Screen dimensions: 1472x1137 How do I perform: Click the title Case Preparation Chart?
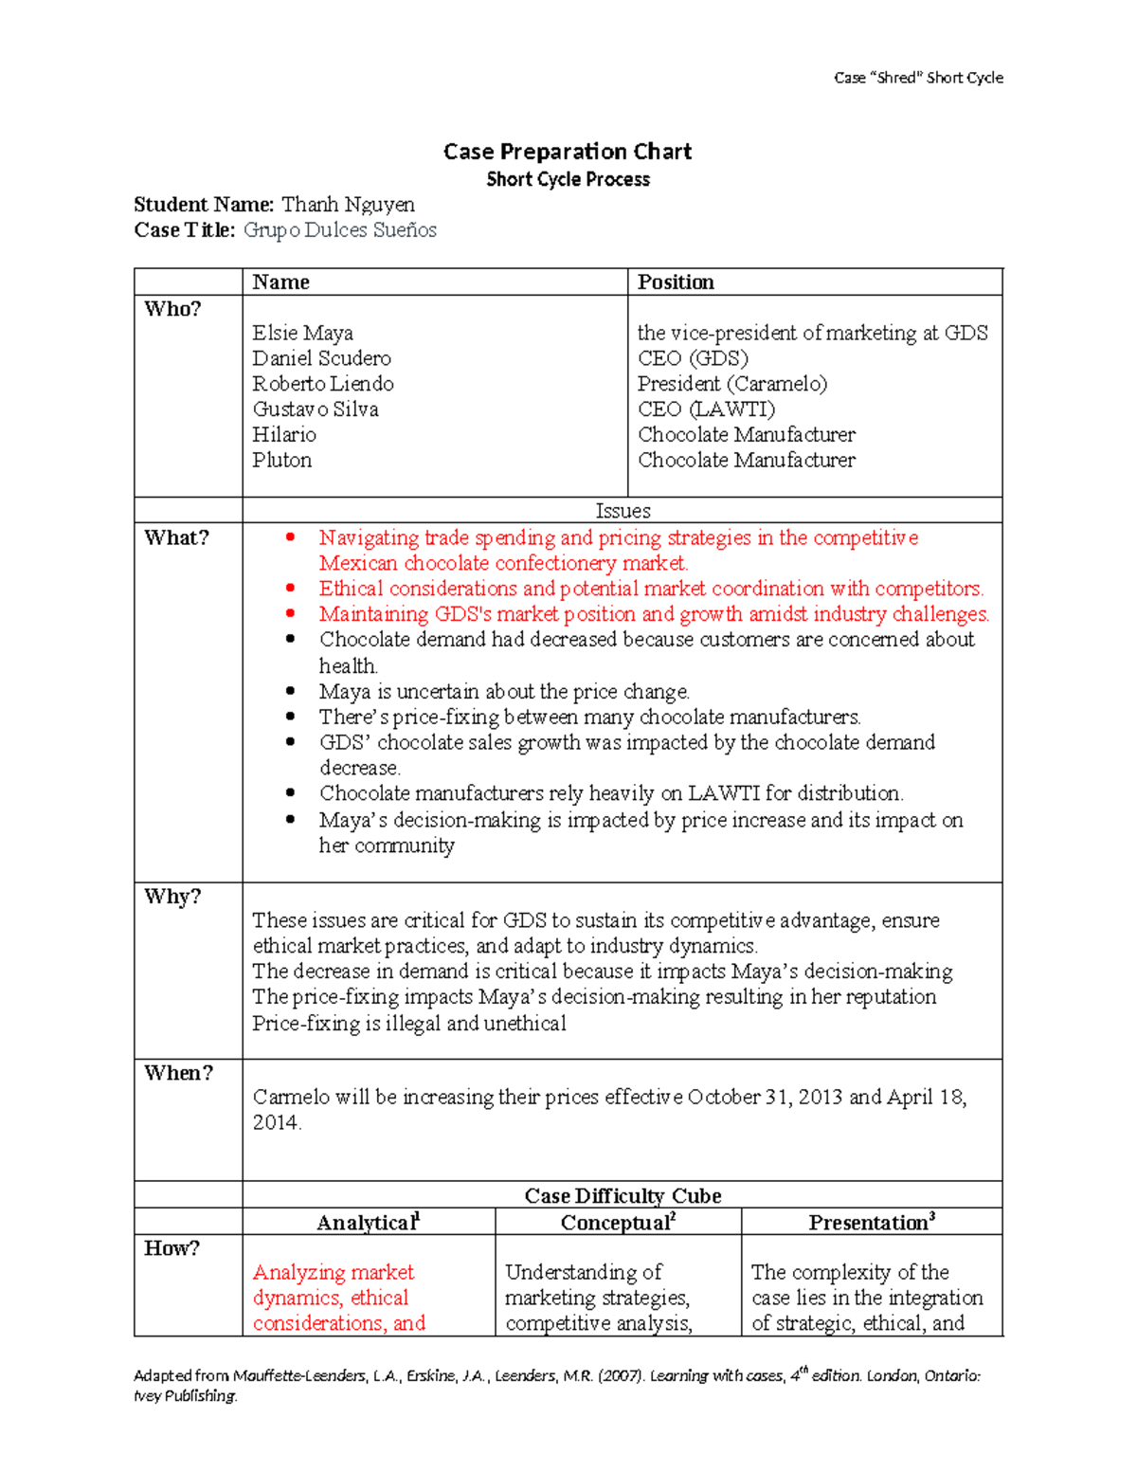point(568,152)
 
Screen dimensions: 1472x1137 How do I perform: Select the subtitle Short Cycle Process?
point(568,179)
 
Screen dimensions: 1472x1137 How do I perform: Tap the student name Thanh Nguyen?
point(348,205)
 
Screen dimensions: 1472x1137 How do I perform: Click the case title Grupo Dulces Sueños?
point(339,230)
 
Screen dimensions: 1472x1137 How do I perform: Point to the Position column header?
point(676,282)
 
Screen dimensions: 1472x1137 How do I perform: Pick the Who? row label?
point(172,309)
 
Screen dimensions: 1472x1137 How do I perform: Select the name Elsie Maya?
point(302,333)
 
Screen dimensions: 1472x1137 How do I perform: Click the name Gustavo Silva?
point(315,409)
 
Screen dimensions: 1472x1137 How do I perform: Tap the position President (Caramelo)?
point(731,384)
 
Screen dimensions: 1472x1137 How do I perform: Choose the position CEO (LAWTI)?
point(706,409)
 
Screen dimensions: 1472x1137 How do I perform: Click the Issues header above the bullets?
point(623,511)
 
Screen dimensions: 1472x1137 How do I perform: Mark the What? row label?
point(176,538)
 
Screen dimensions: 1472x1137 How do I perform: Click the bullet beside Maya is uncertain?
point(291,692)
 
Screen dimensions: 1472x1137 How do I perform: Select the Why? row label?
point(172,897)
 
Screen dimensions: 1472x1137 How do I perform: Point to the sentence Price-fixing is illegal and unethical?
point(409,1024)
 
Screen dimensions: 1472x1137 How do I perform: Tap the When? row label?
point(178,1073)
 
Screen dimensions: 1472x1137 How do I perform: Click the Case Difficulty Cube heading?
point(623,1196)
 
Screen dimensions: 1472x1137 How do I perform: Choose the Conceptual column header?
point(618,1223)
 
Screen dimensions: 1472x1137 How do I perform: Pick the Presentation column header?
point(871,1223)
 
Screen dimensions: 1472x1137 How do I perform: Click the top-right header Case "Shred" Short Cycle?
point(918,78)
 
